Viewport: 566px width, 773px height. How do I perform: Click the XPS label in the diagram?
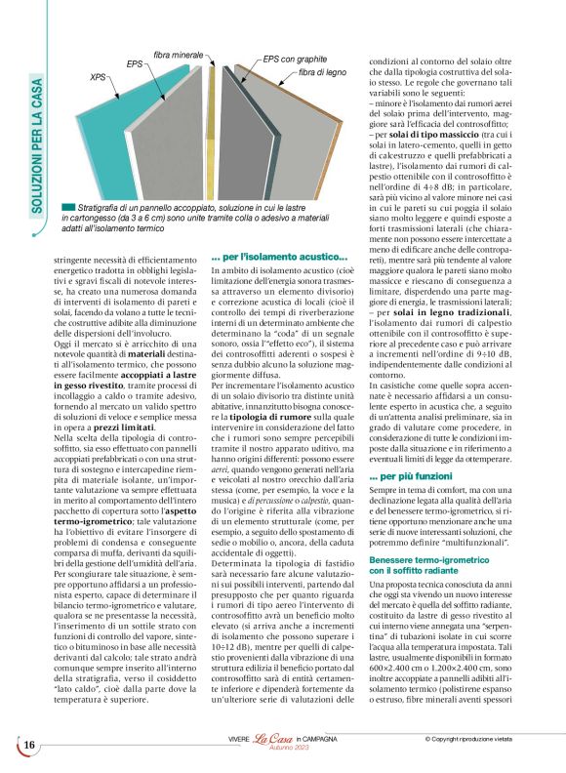[x=98, y=75]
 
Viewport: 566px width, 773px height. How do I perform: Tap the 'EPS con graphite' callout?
[x=298, y=59]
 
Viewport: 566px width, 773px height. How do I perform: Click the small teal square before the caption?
[x=66, y=209]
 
